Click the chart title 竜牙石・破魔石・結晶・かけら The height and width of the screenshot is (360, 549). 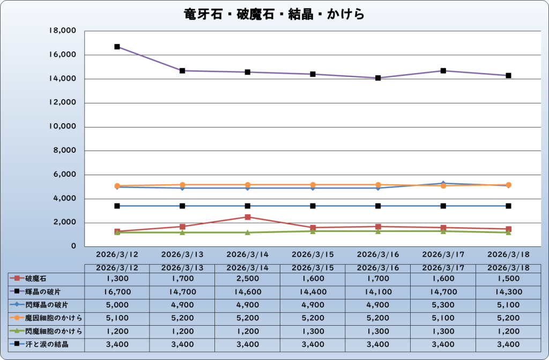(x=274, y=13)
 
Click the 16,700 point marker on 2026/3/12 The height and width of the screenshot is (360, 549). (x=117, y=47)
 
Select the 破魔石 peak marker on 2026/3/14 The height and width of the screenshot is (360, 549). (x=248, y=217)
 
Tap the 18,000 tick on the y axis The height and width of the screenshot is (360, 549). (x=63, y=31)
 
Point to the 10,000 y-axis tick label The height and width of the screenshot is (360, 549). (x=63, y=127)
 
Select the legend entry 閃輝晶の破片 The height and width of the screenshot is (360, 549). (x=46, y=305)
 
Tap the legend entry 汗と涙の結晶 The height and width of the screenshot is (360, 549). (x=46, y=344)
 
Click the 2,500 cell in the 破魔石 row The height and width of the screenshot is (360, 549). (x=248, y=279)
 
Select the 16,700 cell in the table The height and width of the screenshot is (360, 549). (x=117, y=291)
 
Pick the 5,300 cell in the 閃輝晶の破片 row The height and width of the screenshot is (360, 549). (x=443, y=305)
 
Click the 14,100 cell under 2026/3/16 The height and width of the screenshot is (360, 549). (x=378, y=291)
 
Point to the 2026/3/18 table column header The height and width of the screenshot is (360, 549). (x=508, y=267)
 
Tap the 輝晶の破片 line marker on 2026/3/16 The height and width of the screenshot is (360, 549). (x=378, y=78)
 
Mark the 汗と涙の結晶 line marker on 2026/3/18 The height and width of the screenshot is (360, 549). (x=508, y=206)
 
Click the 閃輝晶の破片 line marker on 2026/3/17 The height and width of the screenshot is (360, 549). (x=443, y=183)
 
